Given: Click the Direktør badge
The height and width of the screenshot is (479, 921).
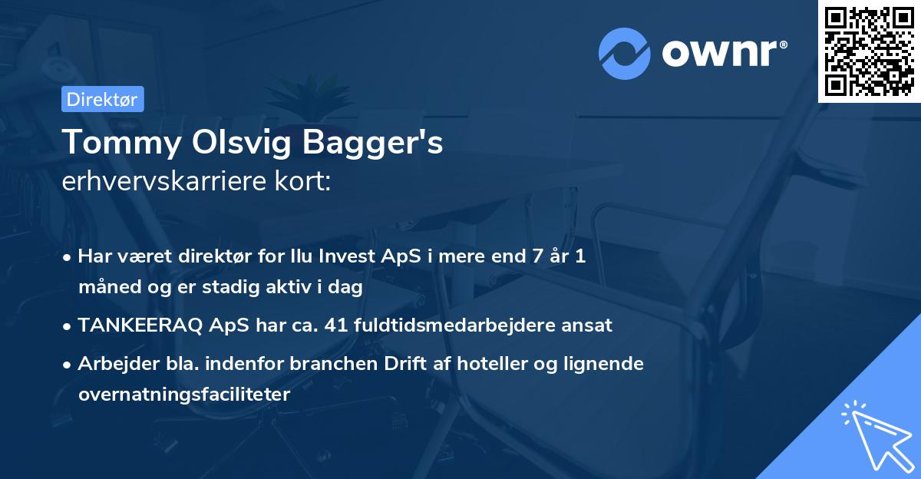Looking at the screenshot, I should coord(102,99).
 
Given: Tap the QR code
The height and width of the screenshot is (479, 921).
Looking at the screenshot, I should coord(869,51).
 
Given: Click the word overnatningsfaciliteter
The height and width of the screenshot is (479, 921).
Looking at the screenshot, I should coord(184,395).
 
